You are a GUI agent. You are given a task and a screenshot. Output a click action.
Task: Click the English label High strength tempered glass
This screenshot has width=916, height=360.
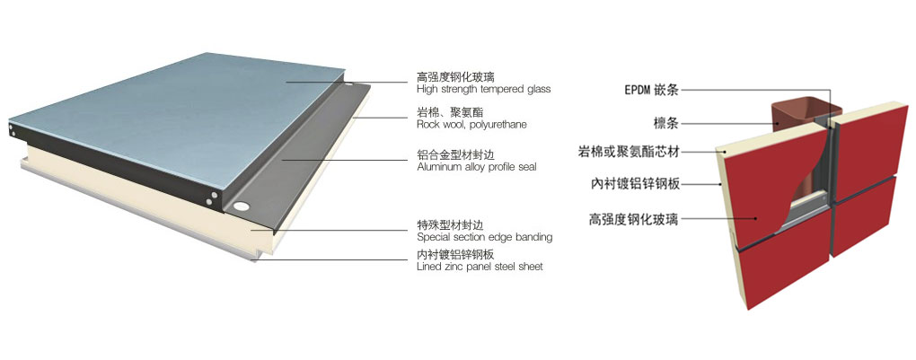click(483, 90)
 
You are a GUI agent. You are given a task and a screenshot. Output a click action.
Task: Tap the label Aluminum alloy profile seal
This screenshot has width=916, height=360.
click(477, 167)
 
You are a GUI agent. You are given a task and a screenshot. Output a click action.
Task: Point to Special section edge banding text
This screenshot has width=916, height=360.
click(485, 238)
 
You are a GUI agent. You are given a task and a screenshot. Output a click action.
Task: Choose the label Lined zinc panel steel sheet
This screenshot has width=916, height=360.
click(480, 267)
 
